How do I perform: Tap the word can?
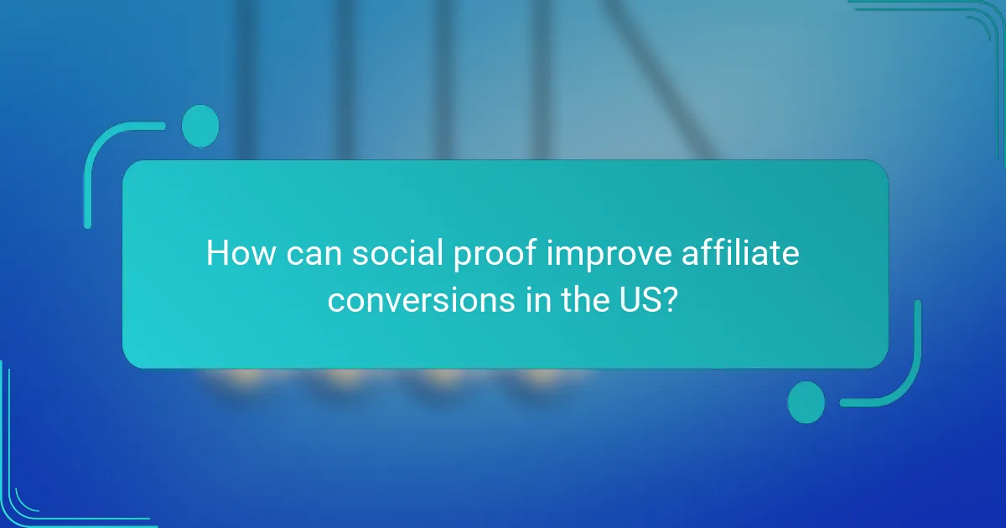coord(311,253)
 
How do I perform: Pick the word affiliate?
coord(744,253)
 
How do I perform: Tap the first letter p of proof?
coord(455,256)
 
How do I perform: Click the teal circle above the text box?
coord(200,126)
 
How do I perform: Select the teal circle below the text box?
coord(806,401)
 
